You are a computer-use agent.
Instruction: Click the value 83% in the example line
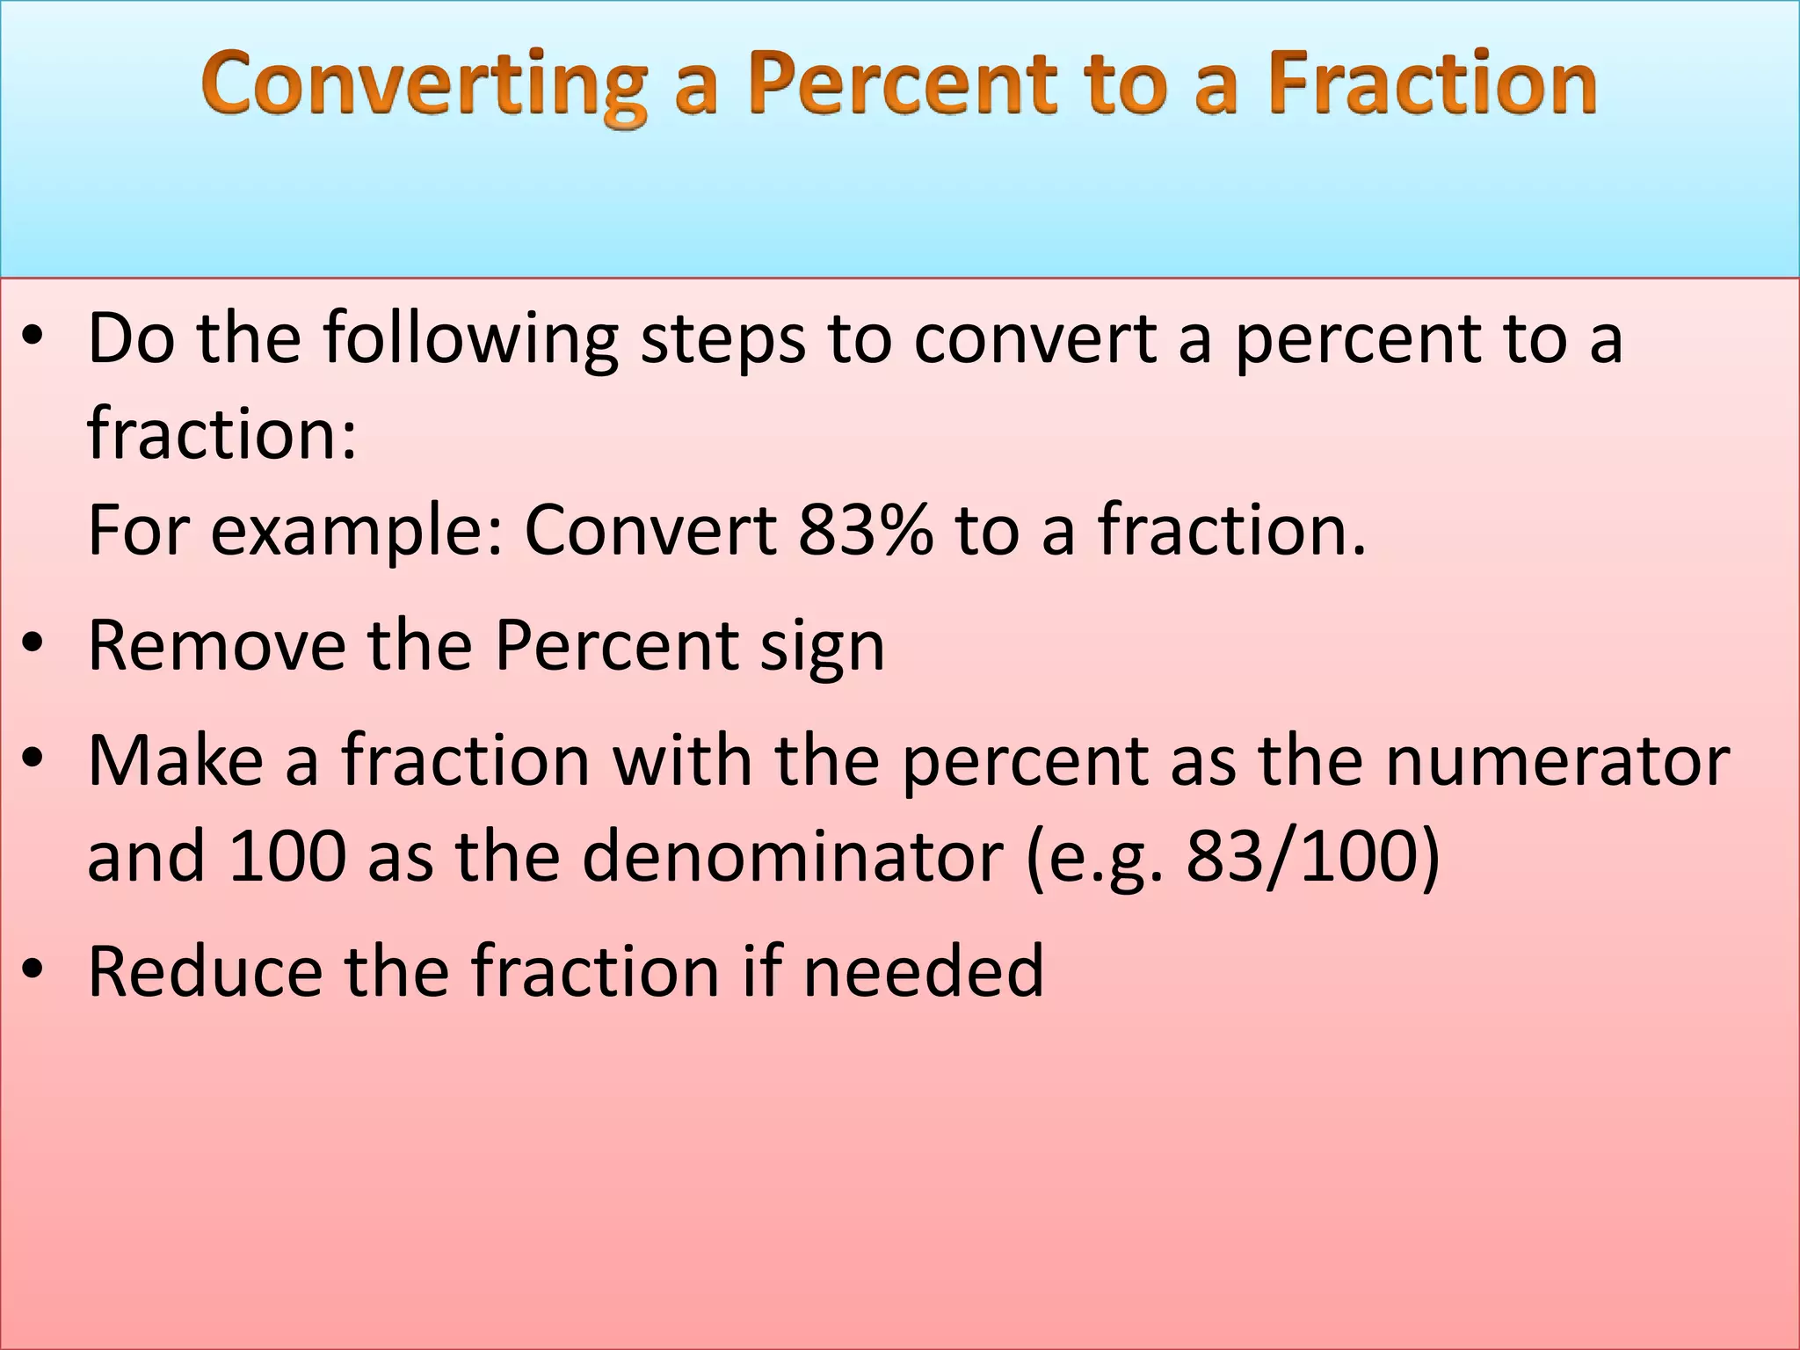[x=866, y=530]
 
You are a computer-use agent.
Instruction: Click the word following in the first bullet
[x=471, y=338]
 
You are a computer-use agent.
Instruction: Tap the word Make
[x=176, y=760]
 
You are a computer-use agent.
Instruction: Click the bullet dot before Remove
[x=33, y=644]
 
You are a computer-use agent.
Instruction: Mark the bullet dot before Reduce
[x=33, y=969]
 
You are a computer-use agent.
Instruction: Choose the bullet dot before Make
[x=33, y=758]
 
